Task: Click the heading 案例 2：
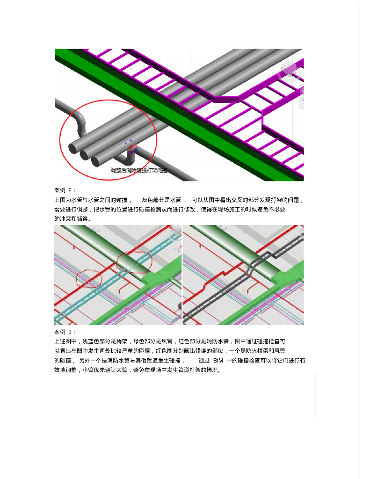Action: click(65, 190)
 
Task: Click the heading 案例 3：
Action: click(65, 332)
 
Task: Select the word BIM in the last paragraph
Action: click(218, 361)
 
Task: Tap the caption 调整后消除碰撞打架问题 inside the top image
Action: click(139, 170)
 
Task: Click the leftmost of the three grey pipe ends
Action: click(73, 148)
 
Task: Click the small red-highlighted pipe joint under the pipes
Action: click(131, 150)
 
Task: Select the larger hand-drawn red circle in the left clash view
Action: click(134, 261)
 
